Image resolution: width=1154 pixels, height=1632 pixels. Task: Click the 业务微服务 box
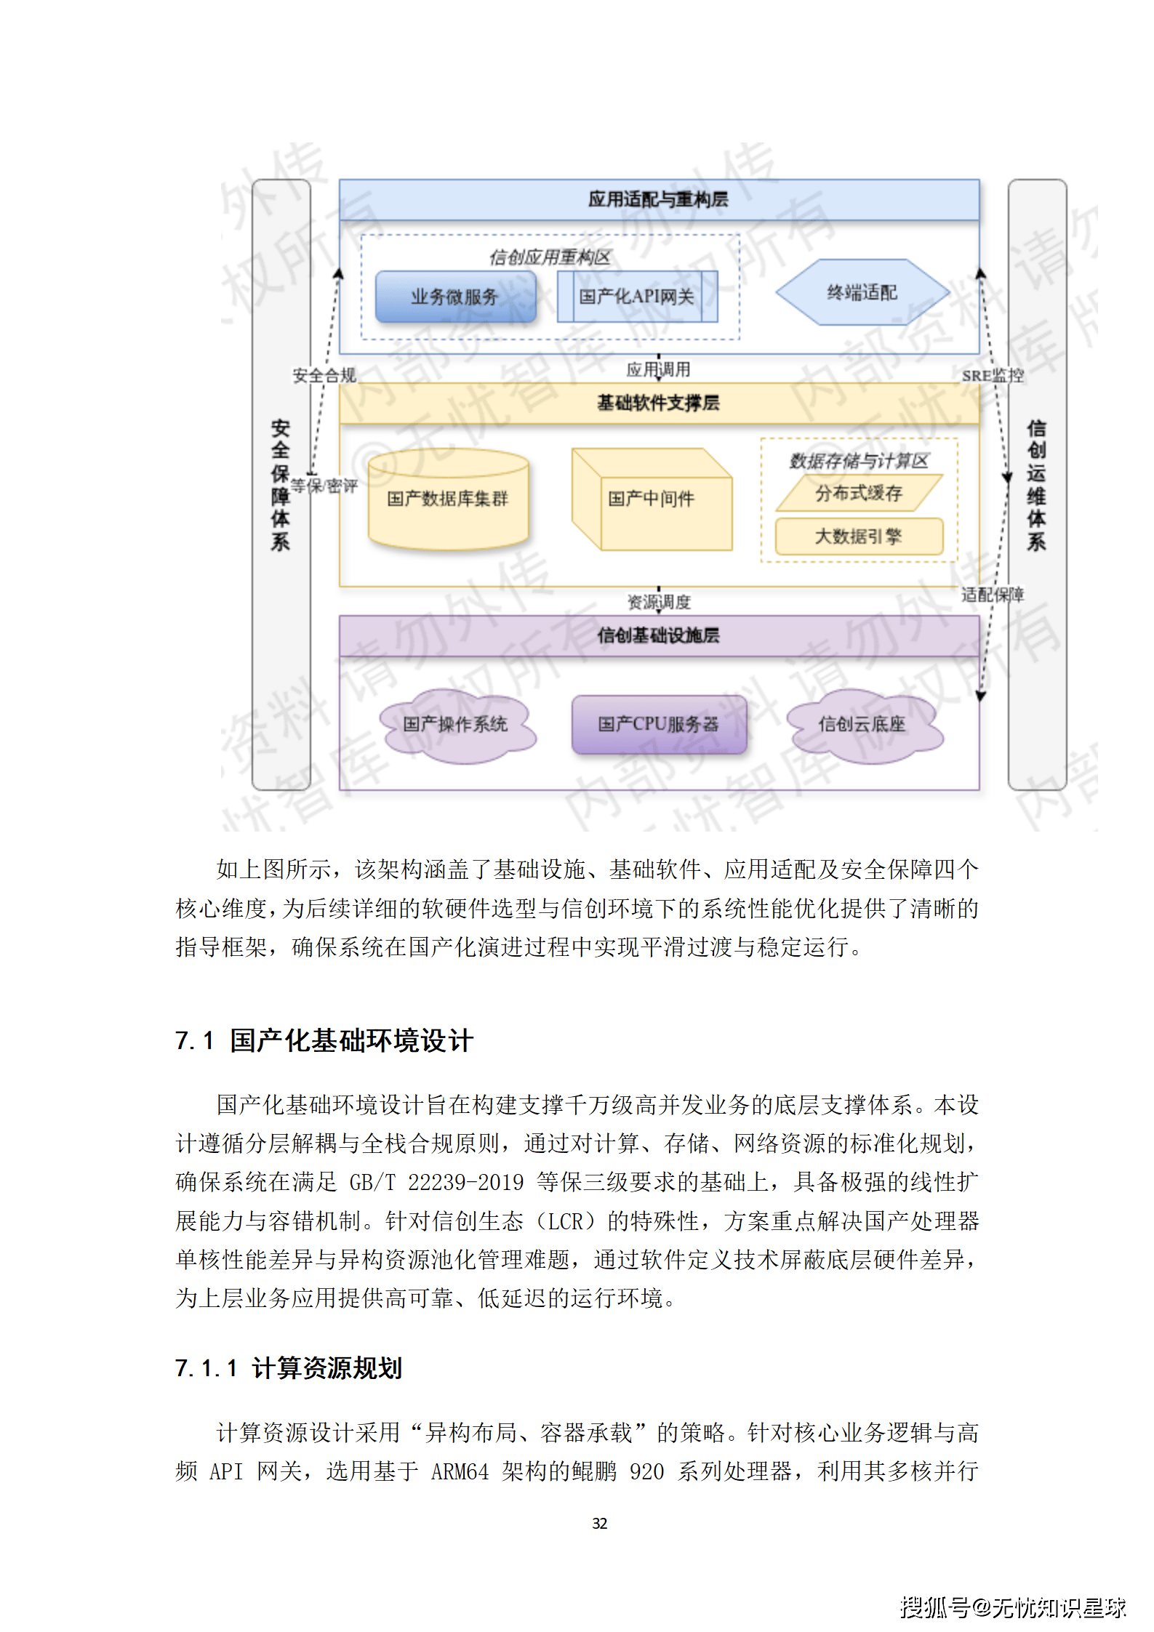(x=455, y=297)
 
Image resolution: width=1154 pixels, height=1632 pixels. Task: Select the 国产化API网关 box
(x=637, y=297)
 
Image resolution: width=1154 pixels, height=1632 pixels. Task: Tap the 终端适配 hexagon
(x=862, y=292)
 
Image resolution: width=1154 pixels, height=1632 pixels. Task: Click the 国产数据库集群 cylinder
(x=448, y=499)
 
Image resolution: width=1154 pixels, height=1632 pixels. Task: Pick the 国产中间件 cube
(x=652, y=499)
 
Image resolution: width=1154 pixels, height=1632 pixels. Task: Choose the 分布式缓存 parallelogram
(x=859, y=494)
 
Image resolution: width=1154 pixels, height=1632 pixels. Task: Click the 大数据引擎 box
(x=859, y=536)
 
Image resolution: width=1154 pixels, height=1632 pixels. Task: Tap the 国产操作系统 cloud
(x=456, y=724)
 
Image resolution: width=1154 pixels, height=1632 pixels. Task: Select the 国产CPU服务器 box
(x=659, y=724)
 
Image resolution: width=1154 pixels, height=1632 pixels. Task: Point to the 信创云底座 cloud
(x=862, y=724)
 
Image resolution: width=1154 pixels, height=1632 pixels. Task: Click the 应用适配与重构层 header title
(x=659, y=199)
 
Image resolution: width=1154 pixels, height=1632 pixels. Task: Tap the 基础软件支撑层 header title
(x=659, y=403)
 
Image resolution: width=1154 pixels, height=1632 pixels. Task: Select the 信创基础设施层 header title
(x=659, y=635)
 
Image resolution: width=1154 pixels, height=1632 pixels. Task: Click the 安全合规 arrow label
(x=324, y=376)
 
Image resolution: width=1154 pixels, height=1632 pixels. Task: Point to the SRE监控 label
(x=993, y=376)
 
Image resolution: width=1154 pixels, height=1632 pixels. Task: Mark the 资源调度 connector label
(x=659, y=603)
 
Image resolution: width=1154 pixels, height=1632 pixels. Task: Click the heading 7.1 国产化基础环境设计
(x=324, y=1041)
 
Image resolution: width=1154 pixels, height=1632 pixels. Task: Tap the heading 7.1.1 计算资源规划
(x=289, y=1369)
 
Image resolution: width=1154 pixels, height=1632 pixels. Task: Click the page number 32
(x=600, y=1523)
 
